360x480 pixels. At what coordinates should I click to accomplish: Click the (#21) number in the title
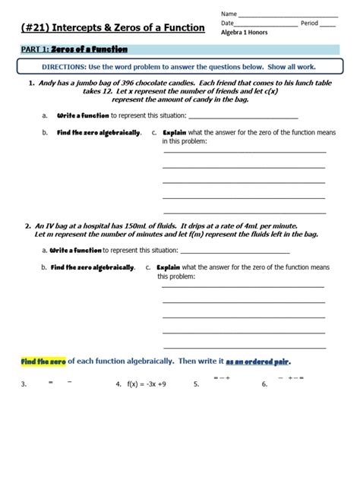tap(39, 28)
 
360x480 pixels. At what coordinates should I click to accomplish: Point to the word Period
tap(309, 24)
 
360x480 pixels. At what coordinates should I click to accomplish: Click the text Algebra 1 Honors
tap(248, 33)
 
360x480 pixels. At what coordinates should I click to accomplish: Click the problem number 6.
tap(264, 384)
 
